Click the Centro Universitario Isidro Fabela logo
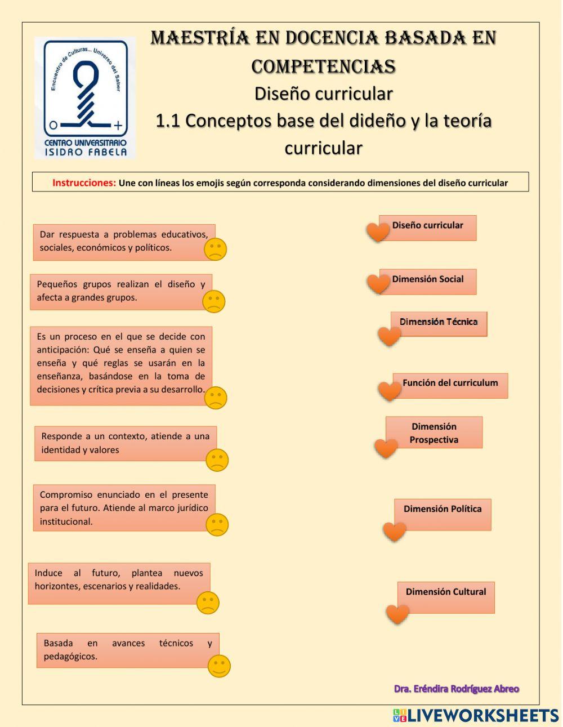85,97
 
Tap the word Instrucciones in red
84,183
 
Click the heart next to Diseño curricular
378,231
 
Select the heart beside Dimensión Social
378,283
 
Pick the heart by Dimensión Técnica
389,336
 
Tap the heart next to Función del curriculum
389,390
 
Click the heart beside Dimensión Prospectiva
386,448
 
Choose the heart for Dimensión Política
394,531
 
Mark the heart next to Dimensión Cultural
397,614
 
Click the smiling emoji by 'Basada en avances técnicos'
219,666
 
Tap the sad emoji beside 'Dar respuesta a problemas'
215,249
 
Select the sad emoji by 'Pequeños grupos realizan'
213,301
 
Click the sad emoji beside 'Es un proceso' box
215,398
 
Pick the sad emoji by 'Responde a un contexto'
217,460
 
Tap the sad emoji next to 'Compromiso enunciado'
217,525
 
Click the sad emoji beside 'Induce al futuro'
208,603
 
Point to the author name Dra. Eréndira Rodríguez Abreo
456,689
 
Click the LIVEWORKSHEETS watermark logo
476,716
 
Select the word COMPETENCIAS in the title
323,66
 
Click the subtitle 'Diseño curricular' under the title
323,93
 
